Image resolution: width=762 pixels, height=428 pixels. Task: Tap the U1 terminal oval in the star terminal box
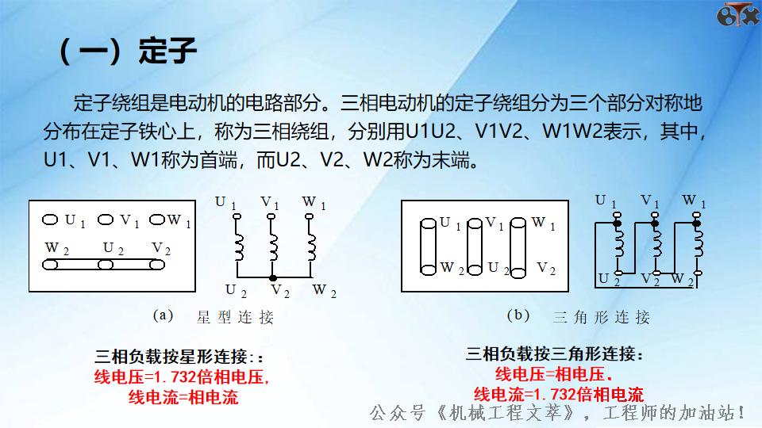click(51, 220)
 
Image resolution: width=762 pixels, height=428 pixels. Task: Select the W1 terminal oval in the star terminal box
click(156, 220)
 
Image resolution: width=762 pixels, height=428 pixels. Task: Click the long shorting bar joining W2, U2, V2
click(108, 265)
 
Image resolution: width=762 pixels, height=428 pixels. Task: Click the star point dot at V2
click(274, 279)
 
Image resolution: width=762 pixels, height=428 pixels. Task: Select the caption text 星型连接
click(235, 318)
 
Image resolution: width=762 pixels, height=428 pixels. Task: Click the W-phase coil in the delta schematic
click(698, 246)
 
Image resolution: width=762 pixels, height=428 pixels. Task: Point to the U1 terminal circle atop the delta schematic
click(614, 214)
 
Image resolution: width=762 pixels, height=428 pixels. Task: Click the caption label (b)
click(518, 315)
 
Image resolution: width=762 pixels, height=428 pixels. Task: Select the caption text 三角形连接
click(601, 318)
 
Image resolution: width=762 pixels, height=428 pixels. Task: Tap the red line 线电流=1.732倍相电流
click(558, 394)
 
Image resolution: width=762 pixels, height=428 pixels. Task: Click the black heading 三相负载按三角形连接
click(555, 353)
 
